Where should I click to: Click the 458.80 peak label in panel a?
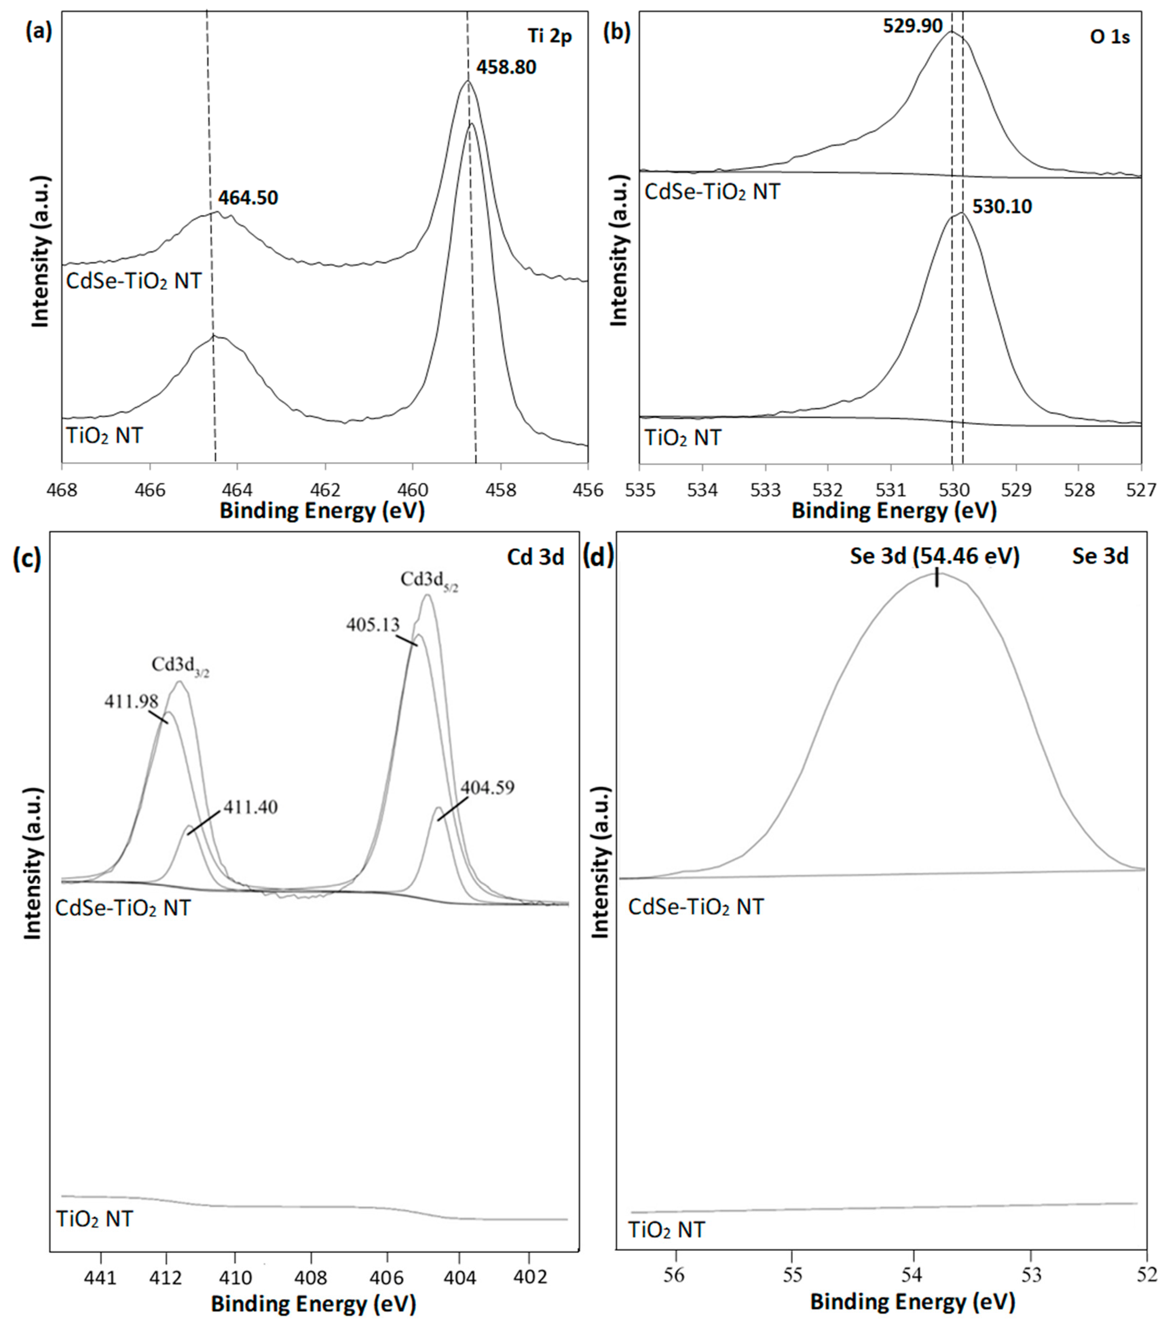click(506, 67)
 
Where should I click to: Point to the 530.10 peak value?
click(1002, 207)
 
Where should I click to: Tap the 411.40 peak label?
click(251, 807)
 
